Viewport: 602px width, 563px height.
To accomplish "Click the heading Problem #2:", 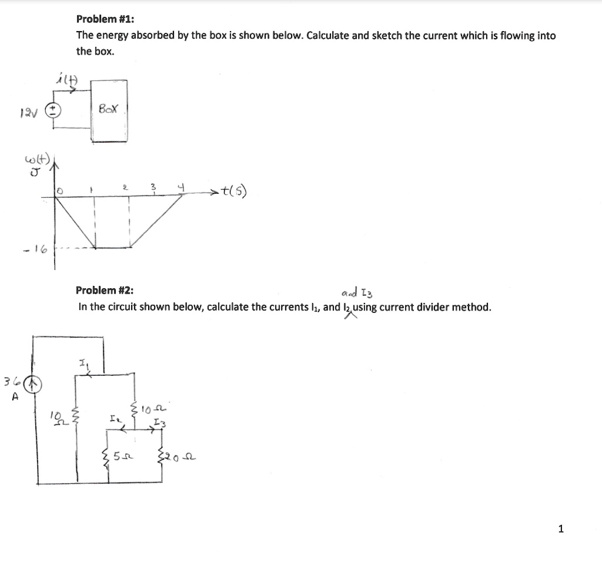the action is coord(105,290).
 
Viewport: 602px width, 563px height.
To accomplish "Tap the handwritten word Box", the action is coord(109,109).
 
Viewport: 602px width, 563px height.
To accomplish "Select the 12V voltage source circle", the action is coord(53,112).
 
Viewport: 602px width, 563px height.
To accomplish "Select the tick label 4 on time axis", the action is coord(182,187).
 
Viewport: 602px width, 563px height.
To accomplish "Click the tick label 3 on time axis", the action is coord(153,187).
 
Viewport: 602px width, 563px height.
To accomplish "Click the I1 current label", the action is coord(82,364).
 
